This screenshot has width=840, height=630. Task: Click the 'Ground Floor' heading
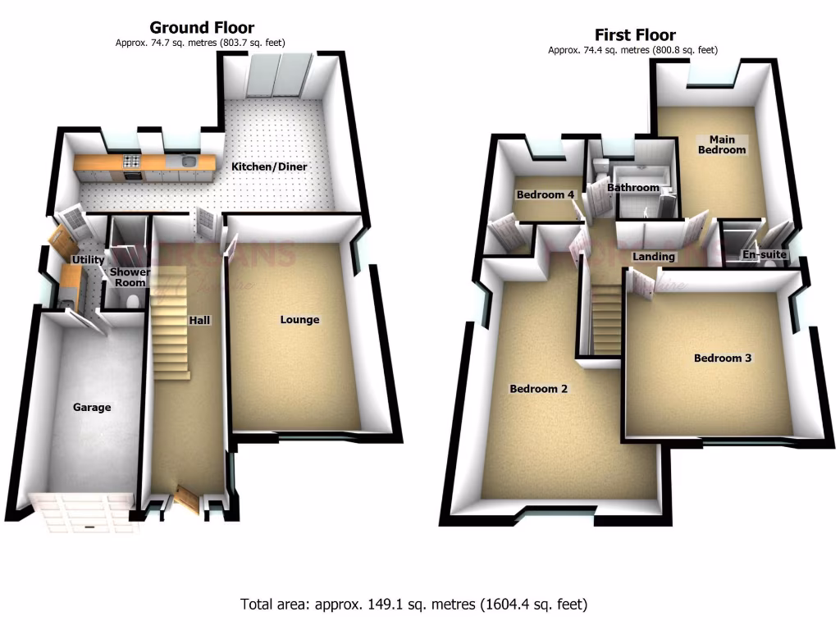[201, 29]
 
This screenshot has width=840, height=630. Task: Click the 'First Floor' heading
[635, 35]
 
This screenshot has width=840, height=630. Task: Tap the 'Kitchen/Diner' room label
[268, 167]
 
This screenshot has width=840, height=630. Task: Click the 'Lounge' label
[299, 319]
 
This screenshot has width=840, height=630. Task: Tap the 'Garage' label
[92, 407]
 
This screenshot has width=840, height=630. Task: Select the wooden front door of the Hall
[185, 497]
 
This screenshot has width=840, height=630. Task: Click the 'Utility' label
[88, 260]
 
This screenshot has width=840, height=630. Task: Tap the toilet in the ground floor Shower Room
[127, 301]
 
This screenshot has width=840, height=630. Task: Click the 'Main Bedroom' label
[721, 144]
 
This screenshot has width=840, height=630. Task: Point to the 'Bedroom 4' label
[545, 194]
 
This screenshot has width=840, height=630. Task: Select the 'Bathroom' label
[632, 188]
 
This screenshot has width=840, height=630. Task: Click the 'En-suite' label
[765, 255]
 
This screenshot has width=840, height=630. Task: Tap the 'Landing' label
[653, 257]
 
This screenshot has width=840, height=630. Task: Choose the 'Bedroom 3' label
[722, 358]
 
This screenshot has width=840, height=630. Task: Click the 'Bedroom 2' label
[538, 389]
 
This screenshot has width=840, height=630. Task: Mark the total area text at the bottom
[414, 605]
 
